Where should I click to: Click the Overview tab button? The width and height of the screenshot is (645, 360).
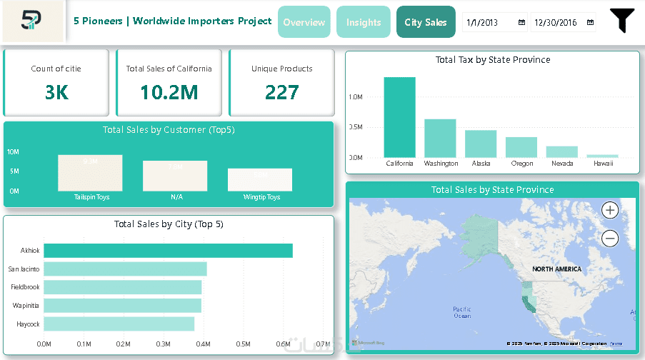tap(304, 22)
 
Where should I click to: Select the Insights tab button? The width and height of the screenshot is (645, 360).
tap(364, 22)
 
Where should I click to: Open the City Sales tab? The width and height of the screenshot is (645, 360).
tap(426, 22)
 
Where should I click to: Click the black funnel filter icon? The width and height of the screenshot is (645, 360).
tap(622, 21)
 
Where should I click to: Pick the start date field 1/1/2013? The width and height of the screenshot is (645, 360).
tap(489, 23)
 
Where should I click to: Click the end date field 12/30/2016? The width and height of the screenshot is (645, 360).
tap(556, 23)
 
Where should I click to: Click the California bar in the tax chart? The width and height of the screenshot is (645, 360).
tap(399, 117)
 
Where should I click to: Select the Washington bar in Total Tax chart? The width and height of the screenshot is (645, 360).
tap(440, 138)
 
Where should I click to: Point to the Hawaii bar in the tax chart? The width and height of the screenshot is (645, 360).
tap(602, 156)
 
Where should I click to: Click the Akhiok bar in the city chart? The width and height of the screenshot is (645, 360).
tap(168, 251)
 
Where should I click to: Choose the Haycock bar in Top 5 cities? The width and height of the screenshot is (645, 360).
tap(119, 324)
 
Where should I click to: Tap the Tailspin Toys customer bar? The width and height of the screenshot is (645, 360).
tap(90, 173)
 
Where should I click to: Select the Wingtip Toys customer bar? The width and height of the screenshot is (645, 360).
tap(260, 180)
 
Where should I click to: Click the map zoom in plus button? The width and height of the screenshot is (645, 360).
tap(610, 210)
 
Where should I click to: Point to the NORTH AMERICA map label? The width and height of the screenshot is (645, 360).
tap(556, 269)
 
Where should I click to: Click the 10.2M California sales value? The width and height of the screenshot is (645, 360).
tap(169, 92)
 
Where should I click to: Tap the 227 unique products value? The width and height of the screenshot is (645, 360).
tap(281, 92)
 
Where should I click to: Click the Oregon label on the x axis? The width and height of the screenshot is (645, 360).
tap(522, 164)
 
